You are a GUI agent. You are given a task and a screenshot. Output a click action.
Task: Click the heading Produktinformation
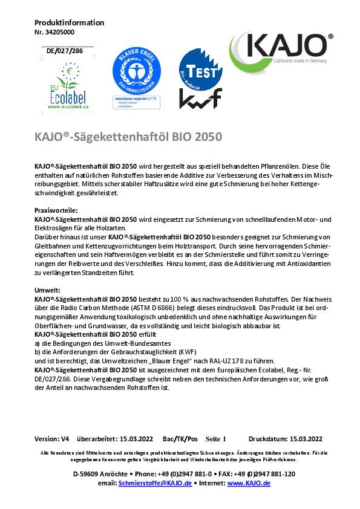pyautogui.click(x=61, y=23)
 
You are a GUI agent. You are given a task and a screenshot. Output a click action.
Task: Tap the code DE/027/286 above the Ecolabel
pyautogui.click(x=65, y=51)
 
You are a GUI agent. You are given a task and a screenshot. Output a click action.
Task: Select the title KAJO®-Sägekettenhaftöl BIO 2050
pyautogui.click(x=128, y=137)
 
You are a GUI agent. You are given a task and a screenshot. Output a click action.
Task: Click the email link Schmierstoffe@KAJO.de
pyautogui.click(x=155, y=483)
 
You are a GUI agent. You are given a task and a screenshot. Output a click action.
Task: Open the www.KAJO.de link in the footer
pyautogui.click(x=249, y=483)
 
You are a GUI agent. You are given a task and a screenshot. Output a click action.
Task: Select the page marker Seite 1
pyautogui.click(x=215, y=439)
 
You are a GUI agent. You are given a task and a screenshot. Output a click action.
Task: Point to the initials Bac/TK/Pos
pyautogui.click(x=180, y=439)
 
